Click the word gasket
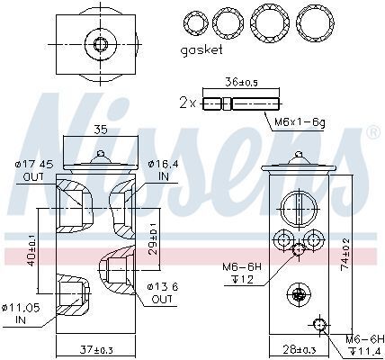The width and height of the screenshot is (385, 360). pyautogui.click(x=201, y=50)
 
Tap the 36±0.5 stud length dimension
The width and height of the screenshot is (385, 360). pyautogui.click(x=241, y=82)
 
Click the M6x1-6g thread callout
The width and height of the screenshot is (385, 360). pyautogui.click(x=300, y=122)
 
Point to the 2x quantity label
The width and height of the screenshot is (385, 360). pyautogui.click(x=187, y=103)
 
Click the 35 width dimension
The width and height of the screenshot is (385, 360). pyautogui.click(x=101, y=130)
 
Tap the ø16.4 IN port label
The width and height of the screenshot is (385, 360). pyautogui.click(x=164, y=170)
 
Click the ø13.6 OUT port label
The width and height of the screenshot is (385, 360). pyautogui.click(x=163, y=292)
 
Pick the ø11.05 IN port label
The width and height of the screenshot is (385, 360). pyautogui.click(x=21, y=314)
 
